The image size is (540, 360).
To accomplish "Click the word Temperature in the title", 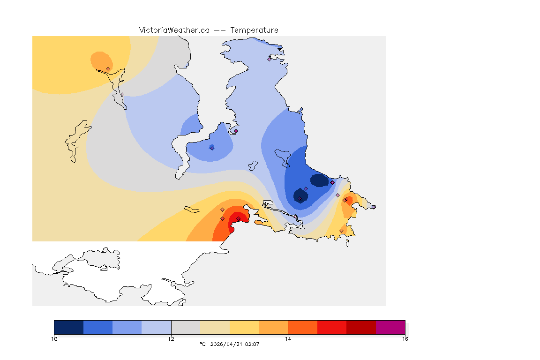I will point(255,30).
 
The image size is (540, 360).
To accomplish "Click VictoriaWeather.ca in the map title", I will point(174,30).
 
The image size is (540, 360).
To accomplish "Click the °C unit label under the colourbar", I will point(202,344).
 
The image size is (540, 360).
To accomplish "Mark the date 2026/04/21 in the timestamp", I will point(227,344).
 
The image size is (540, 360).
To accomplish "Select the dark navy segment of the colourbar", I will point(68,327).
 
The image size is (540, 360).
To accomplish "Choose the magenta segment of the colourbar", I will point(390,327).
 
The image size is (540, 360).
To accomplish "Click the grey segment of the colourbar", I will point(186,327).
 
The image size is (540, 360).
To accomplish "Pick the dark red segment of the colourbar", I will point(361,327).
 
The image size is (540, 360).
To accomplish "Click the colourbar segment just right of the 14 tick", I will point(302,327).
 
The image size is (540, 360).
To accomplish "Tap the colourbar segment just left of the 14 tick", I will point(273,327).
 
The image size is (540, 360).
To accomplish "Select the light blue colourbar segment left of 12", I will point(156,327).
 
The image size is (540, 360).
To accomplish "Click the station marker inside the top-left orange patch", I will point(108,68).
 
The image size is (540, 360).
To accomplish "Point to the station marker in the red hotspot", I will point(238,219).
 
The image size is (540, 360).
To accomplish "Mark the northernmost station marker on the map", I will point(269,59).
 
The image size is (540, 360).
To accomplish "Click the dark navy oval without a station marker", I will point(320,180).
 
